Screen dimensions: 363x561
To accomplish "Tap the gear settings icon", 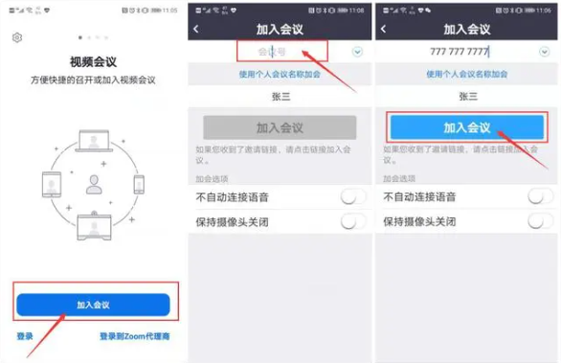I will [16, 37].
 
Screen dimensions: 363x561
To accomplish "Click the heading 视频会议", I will [93, 59].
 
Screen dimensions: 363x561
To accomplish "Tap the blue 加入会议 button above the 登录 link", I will [93, 305].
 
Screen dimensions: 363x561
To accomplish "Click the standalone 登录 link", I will [25, 336].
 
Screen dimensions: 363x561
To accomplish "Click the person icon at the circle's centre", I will [94, 185].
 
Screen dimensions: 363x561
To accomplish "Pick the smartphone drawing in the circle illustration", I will [138, 184].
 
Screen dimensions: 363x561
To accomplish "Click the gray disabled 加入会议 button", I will [280, 127].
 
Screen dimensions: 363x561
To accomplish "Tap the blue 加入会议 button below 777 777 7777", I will [466, 127].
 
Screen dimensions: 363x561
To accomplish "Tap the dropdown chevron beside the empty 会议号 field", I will [357, 51].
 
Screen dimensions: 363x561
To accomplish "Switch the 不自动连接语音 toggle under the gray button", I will [353, 196].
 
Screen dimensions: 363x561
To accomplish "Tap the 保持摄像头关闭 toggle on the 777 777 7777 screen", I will [540, 221].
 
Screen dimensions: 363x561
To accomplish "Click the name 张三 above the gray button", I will [280, 96].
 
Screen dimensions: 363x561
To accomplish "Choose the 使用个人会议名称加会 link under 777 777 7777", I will [467, 74].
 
